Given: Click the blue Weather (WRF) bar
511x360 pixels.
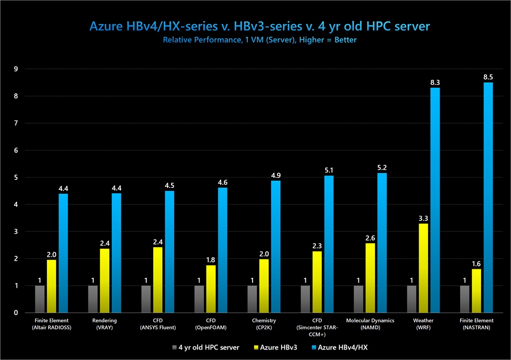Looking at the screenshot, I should [x=435, y=199].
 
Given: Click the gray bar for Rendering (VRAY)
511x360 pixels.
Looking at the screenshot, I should [x=93, y=299].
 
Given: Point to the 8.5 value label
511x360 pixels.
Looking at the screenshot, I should [x=488, y=77].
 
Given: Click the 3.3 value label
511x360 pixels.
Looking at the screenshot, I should [x=423, y=218].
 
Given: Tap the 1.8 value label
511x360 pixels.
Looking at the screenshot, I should [x=211, y=260].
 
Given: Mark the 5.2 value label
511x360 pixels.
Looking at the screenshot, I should [x=382, y=168].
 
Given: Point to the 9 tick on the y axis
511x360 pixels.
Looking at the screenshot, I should [x=16, y=69].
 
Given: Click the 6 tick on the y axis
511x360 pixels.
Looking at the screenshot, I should [x=16, y=150].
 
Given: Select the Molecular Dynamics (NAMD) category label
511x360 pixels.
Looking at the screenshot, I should [x=370, y=324].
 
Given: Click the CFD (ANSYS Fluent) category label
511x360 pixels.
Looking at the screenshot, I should [x=158, y=324].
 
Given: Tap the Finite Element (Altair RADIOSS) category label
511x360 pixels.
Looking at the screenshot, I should [x=52, y=324].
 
